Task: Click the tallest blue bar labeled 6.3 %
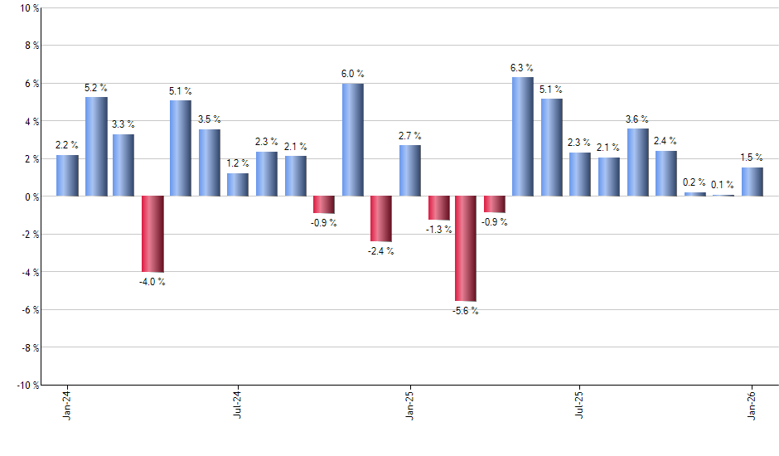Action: coord(522,137)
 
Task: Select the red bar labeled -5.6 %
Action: coord(466,249)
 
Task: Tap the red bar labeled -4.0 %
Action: coord(152,234)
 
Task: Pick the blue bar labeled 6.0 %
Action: coord(352,139)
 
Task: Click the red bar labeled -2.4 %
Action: coord(380,219)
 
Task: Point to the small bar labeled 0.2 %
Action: coord(694,194)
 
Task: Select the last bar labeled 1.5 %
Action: coord(752,182)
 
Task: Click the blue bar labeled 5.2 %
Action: coord(96,147)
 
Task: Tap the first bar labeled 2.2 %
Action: coord(67,176)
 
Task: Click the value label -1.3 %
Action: coord(439,230)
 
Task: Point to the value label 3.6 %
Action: coord(637,119)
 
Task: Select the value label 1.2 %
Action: coord(238,163)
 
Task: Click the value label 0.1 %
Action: coord(723,185)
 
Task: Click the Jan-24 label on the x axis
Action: coord(67,405)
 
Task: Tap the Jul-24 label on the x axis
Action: coord(238,405)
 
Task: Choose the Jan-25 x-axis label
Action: coord(409,405)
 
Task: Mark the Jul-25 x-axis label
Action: coord(580,405)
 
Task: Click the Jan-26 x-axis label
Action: coord(752,405)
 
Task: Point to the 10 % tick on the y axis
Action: coord(29,8)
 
